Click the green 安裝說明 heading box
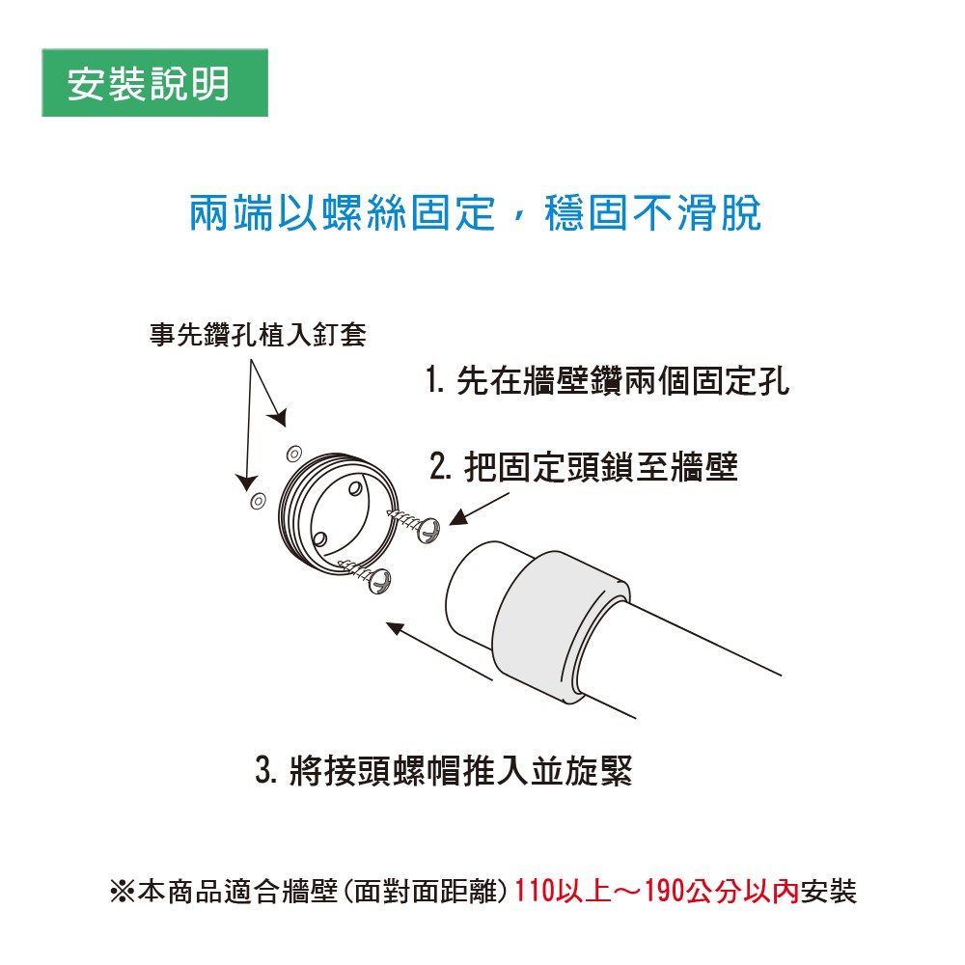click(x=154, y=82)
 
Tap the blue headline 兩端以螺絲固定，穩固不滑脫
click(x=475, y=213)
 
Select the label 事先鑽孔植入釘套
click(x=258, y=334)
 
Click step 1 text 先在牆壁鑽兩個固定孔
click(x=622, y=380)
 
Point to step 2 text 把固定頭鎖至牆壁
click(x=600, y=466)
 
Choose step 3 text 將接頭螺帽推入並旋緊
click(x=460, y=770)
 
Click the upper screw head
click(x=428, y=530)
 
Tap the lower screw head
click(x=379, y=580)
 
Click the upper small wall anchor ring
click(x=294, y=454)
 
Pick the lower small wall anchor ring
click(x=258, y=500)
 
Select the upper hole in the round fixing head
click(x=355, y=489)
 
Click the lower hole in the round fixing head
click(x=319, y=540)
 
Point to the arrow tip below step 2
click(x=451, y=523)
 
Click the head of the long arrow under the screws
click(x=388, y=624)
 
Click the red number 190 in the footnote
click(x=664, y=891)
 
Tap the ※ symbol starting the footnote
click(x=122, y=891)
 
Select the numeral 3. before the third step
click(x=266, y=770)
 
